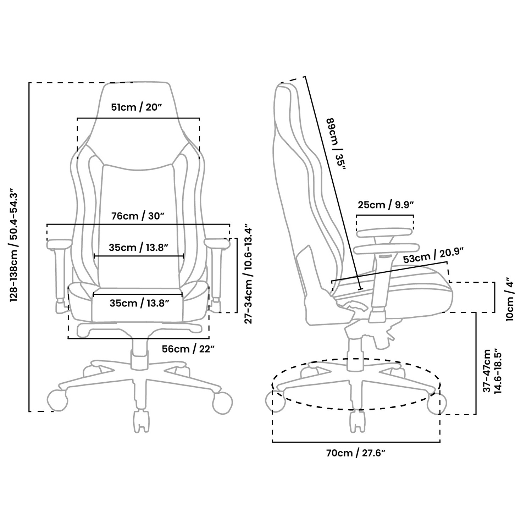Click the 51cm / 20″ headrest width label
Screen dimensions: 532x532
coord(137,107)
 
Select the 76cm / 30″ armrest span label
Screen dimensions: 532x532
coord(139,216)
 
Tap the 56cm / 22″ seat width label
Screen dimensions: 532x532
coord(188,349)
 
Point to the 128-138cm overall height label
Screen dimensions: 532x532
coord(13,245)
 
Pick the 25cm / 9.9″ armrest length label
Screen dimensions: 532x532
coord(386,205)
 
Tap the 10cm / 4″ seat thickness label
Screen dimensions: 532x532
coord(509,299)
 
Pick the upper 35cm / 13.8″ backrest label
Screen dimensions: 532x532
coord(138,247)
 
